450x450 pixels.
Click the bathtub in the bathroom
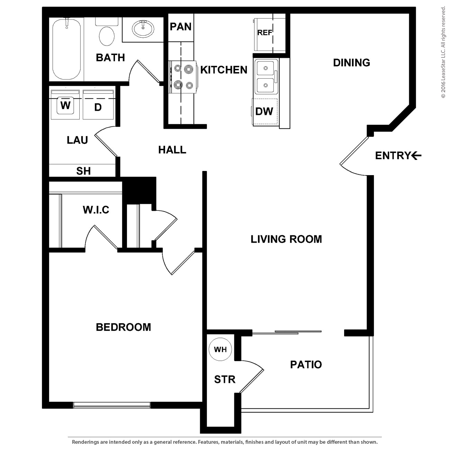click(66, 49)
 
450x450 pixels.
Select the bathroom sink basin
click(143, 29)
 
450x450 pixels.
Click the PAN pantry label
click(181, 27)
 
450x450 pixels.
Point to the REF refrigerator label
click(265, 33)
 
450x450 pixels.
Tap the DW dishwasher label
click(264, 111)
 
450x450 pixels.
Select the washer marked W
click(65, 105)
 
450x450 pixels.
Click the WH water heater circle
click(220, 349)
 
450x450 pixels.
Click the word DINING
click(351, 63)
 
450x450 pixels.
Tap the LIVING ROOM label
click(286, 239)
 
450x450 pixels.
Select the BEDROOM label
click(123, 327)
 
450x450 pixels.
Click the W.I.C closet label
click(96, 210)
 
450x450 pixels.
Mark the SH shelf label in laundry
click(83, 171)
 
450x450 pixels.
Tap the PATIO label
click(306, 364)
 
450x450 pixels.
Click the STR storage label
click(225, 379)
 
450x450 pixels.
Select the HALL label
click(172, 150)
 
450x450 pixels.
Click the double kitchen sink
click(265, 76)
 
